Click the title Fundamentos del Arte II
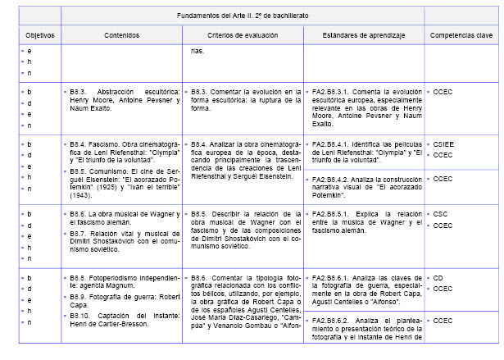pyautogui.click(x=243, y=16)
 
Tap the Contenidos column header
pyautogui.click(x=120, y=36)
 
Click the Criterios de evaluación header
pyautogui.click(x=243, y=36)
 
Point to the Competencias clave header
pyautogui.click(x=461, y=36)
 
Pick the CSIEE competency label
pyautogui.click(x=444, y=144)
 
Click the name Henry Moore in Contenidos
pyautogui.click(x=84, y=99)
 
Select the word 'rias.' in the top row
pyautogui.click(x=197, y=51)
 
